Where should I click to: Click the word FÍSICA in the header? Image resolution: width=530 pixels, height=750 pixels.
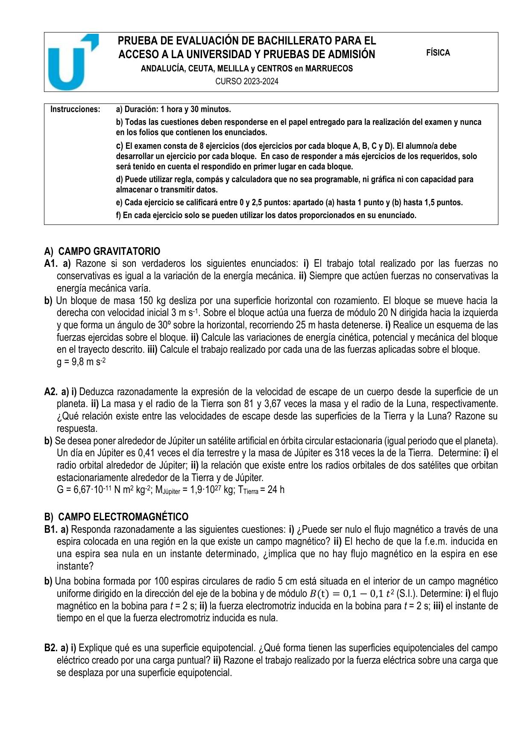click(x=438, y=53)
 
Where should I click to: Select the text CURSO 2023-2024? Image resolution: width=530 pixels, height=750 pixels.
click(x=246, y=82)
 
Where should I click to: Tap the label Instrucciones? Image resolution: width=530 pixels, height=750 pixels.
click(x=75, y=109)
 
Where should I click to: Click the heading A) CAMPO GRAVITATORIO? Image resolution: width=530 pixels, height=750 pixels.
click(x=102, y=251)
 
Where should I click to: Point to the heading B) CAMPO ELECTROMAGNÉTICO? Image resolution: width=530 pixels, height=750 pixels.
click(x=116, y=517)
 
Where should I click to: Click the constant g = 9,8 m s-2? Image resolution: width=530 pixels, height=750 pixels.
click(x=81, y=362)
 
